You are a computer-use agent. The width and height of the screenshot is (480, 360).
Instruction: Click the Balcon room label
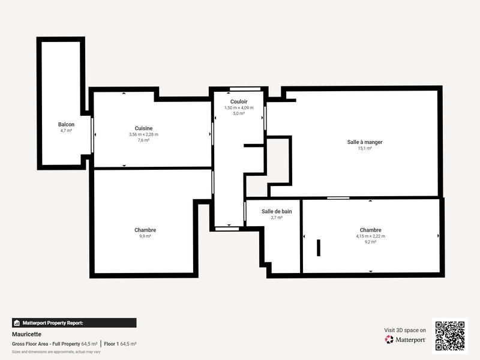coord(66,124)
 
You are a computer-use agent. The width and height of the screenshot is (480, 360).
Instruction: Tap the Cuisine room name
coord(143,128)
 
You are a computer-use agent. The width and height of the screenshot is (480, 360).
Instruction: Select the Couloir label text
coord(239,102)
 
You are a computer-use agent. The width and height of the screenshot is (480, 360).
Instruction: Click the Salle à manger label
coord(365,142)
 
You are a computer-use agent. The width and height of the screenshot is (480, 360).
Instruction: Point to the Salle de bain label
coord(277,211)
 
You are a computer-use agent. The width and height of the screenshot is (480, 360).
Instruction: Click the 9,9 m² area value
coord(145,236)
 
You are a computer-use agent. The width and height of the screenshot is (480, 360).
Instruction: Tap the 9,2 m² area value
coord(370,242)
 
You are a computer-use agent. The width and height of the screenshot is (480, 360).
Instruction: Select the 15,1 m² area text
coord(365,148)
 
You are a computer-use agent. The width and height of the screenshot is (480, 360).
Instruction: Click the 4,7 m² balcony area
coord(66,130)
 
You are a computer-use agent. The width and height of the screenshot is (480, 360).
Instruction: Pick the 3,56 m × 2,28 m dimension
coord(143,134)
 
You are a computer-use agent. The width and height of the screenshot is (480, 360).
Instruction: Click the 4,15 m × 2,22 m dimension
coord(370,236)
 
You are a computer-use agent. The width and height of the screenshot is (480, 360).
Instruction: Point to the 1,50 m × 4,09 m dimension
coord(239,108)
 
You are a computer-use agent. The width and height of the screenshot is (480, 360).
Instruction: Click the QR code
coord(449,336)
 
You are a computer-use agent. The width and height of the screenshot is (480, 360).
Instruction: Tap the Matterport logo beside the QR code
coord(406,340)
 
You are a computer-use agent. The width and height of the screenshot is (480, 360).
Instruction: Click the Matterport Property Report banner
coord(74,323)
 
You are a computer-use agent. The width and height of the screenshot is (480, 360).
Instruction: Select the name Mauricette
coord(26,334)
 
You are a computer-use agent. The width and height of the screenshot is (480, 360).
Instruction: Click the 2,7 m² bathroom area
coord(277,218)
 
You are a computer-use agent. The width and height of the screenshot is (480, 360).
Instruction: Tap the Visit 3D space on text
coord(405,330)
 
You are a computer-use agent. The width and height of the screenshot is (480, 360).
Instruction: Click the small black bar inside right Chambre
coord(319,247)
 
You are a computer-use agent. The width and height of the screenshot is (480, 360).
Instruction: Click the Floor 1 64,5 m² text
coord(120,344)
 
